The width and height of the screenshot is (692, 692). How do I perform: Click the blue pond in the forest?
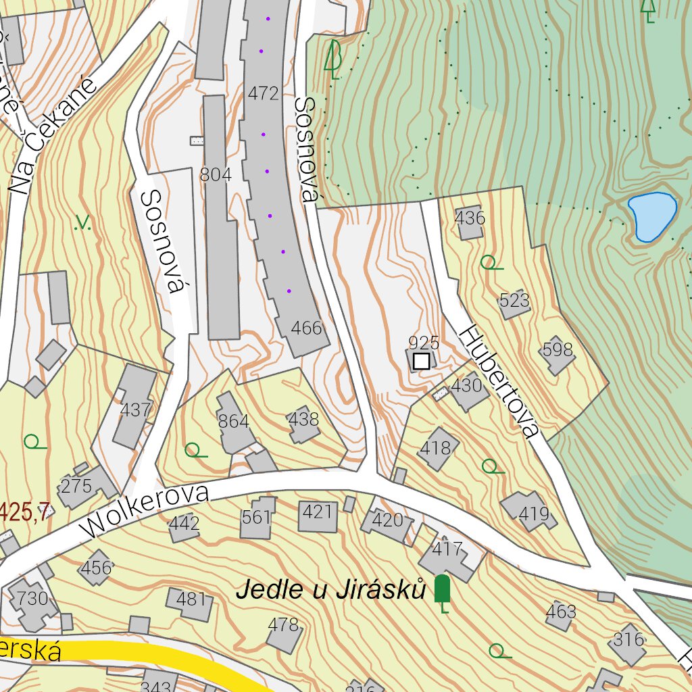pyautogui.click(x=651, y=216)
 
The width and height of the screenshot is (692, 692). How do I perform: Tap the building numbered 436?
pyautogui.click(x=470, y=220)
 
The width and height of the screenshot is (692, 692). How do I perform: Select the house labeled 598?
pyautogui.click(x=557, y=352)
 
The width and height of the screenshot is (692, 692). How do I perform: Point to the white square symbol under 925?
pyautogui.click(x=421, y=361)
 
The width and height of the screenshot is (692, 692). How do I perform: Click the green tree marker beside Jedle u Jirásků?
pyautogui.click(x=442, y=590)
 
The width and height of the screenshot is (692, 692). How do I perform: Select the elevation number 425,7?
pyautogui.click(x=24, y=512)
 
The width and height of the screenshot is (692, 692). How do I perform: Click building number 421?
pyautogui.click(x=317, y=513)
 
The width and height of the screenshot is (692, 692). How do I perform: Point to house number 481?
pyautogui.click(x=190, y=600)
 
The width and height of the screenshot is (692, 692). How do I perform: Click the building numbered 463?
pyautogui.click(x=561, y=613)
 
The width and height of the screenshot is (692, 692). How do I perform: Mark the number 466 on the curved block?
pyautogui.click(x=306, y=329)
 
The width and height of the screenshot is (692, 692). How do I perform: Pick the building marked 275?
pyautogui.click(x=78, y=487)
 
